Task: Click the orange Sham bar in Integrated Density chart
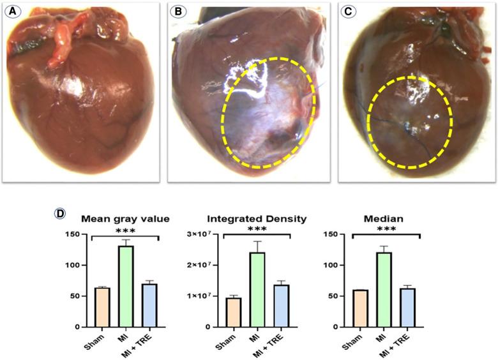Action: point(234,312)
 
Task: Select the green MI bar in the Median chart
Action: point(382,289)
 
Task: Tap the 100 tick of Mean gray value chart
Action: point(74,265)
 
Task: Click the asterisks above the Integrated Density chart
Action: point(257,229)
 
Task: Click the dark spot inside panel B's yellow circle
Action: point(278,135)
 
